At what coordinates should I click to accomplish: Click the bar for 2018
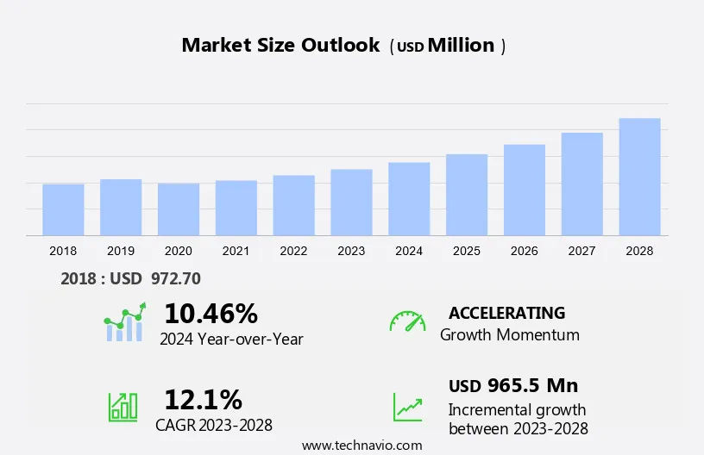[x=63, y=209]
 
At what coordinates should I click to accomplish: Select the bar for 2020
[x=179, y=209]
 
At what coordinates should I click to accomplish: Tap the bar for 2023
[x=351, y=203]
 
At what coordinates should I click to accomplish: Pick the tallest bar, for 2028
[x=639, y=177]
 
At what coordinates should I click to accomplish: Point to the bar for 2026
[x=525, y=190]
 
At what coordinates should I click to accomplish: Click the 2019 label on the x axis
[x=121, y=251]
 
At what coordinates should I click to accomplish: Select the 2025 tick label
[x=467, y=251]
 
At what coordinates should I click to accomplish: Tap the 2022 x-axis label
[x=293, y=251]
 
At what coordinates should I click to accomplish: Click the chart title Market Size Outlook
[x=280, y=46]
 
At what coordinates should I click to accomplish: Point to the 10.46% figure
[x=211, y=313]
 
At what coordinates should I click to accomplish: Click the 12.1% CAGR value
[x=203, y=400]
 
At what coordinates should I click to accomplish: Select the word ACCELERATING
[x=506, y=313]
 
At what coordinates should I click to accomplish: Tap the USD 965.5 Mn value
[x=513, y=385]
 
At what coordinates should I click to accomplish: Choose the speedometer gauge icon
[x=407, y=321]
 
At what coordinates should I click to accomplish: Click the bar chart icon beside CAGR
[x=123, y=407]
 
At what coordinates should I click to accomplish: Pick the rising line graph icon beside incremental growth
[x=407, y=407]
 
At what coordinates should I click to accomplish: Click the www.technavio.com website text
[x=361, y=446]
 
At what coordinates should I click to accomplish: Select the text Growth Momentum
[x=509, y=335]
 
